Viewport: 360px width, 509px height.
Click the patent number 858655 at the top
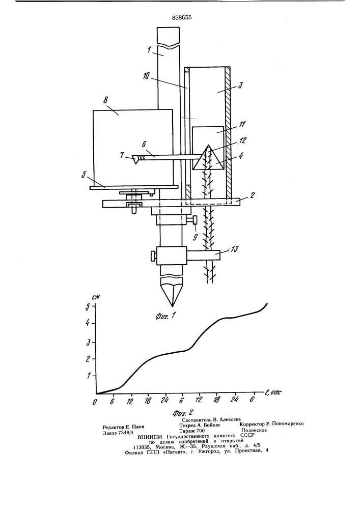pos(178,17)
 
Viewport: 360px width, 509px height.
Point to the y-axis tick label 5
pos(88,307)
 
